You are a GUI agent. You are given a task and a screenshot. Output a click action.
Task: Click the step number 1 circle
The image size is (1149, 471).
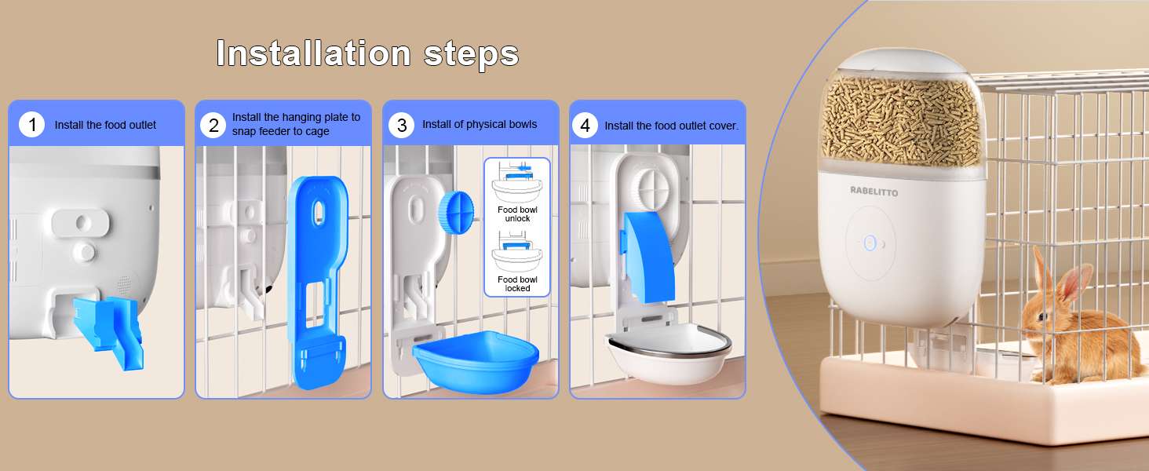32,125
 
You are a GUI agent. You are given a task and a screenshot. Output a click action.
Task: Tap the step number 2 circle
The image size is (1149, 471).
213,125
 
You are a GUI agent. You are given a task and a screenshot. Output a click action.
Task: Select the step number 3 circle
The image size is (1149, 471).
402,125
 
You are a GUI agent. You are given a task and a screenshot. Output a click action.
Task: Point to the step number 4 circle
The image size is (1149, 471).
585,126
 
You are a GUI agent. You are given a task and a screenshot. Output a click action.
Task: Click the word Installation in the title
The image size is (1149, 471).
313,53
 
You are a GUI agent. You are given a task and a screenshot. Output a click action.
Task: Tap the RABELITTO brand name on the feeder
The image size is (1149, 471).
874,192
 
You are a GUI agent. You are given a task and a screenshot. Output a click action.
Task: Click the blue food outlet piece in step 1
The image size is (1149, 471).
108,331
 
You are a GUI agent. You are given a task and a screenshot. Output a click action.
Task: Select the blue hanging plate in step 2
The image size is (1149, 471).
318,282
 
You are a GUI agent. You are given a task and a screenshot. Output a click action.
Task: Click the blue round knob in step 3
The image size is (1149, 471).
455,213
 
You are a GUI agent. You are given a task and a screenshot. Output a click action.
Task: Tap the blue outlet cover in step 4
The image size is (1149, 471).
647,257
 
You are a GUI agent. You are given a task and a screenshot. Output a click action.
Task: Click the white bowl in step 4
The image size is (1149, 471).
669,354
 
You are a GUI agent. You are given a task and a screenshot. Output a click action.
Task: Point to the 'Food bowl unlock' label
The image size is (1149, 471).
517,214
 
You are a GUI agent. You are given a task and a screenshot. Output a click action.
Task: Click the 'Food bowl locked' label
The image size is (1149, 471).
517,283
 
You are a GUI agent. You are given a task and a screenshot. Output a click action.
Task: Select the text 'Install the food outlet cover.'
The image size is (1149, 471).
672,126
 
